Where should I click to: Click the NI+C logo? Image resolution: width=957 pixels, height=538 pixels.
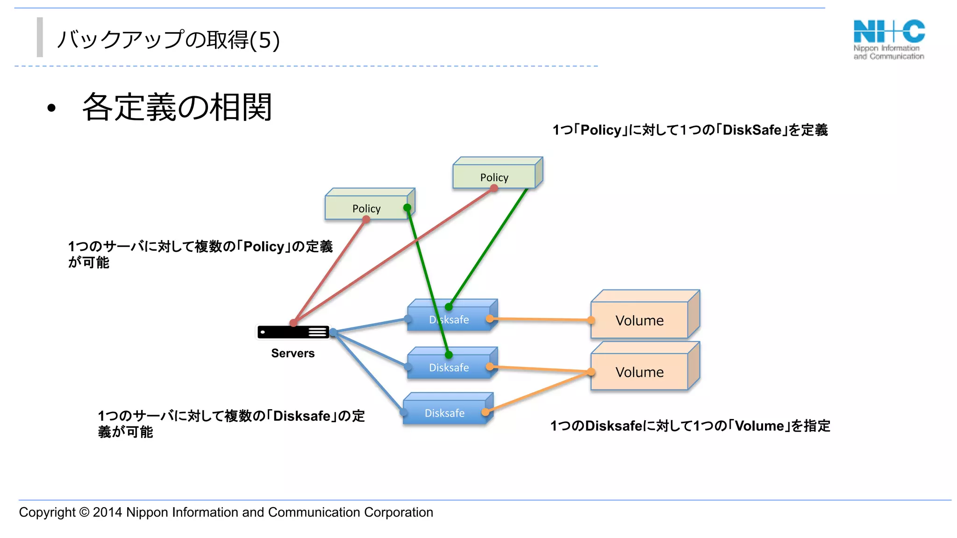coord(889,39)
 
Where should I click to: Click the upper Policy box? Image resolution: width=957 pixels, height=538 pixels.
coord(494,177)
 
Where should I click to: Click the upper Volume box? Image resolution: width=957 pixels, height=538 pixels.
coord(639,320)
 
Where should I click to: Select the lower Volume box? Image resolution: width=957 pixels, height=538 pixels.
coord(639,372)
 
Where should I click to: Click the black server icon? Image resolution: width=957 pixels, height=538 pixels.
coord(293,332)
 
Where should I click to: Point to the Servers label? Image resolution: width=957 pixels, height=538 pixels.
coord(293,353)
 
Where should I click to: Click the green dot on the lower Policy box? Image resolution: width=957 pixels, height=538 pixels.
coord(407,207)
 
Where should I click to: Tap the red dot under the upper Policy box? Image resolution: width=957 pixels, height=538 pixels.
coord(494,188)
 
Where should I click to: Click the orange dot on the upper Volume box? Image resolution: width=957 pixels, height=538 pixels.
coord(591,320)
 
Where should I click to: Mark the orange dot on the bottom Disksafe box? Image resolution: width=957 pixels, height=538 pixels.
coord(486,412)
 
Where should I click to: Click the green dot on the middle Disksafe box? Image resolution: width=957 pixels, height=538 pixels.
coord(449,355)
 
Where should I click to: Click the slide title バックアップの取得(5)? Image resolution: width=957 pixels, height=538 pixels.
coord(168,40)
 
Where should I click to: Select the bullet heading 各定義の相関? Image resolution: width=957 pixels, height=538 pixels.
coord(177,107)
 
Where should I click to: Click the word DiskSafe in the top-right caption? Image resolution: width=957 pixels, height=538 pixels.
coord(751,130)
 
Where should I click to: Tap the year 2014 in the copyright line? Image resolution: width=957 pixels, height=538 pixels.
coord(107,512)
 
